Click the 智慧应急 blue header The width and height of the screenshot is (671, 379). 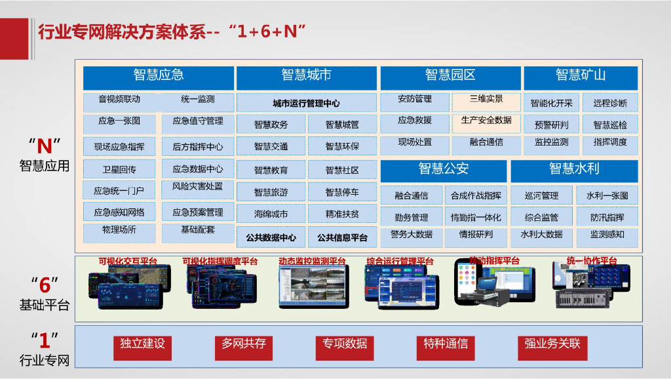[x=158, y=75]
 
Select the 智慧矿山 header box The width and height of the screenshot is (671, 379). [x=580, y=75]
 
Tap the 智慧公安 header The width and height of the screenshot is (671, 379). [x=444, y=169]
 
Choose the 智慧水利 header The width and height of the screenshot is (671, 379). [x=574, y=169]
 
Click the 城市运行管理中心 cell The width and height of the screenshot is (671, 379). [x=306, y=103]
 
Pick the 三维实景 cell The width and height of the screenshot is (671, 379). [x=486, y=100]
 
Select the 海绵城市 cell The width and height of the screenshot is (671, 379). [x=271, y=214]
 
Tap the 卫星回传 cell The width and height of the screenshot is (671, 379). [x=119, y=170]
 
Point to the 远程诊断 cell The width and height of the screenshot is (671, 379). [x=609, y=103]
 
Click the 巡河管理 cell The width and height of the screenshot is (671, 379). [x=541, y=195]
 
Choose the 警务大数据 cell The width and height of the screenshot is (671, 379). [x=411, y=234]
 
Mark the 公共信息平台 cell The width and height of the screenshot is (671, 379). [x=342, y=237]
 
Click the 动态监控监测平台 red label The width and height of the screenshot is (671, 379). [x=312, y=262]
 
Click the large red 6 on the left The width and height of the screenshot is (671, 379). [x=45, y=284]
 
